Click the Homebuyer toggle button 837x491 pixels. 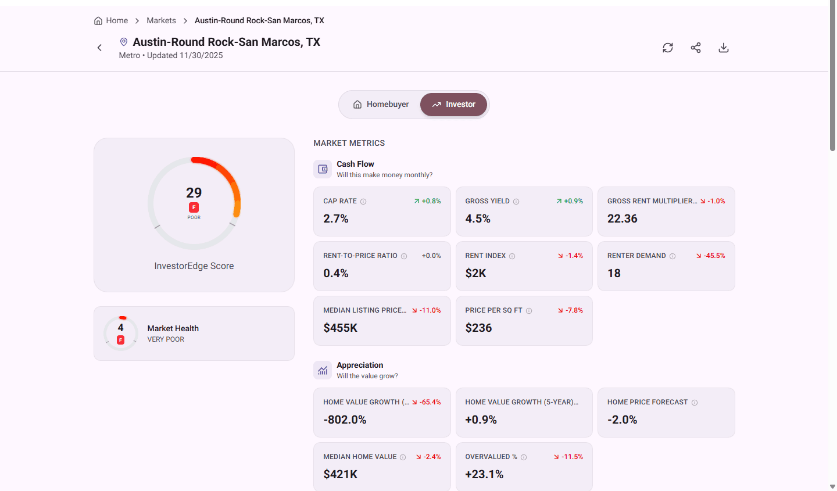[381, 105]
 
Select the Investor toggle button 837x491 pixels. [453, 105]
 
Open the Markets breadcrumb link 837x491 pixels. [161, 20]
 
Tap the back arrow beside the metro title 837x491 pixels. [99, 48]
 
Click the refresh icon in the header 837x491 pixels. [668, 48]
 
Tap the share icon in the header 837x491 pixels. [696, 48]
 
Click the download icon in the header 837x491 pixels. [724, 48]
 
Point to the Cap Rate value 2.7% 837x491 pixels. [336, 218]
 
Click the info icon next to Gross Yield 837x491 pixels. [516, 202]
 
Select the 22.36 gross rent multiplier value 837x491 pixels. [622, 218]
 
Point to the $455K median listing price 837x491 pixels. [341, 328]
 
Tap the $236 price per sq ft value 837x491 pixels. [478, 328]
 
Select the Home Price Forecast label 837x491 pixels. [647, 402]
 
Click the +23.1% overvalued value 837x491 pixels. [484, 474]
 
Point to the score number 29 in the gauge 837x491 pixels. [194, 193]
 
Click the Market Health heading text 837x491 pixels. [173, 328]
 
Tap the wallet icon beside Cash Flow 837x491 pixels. [323, 169]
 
